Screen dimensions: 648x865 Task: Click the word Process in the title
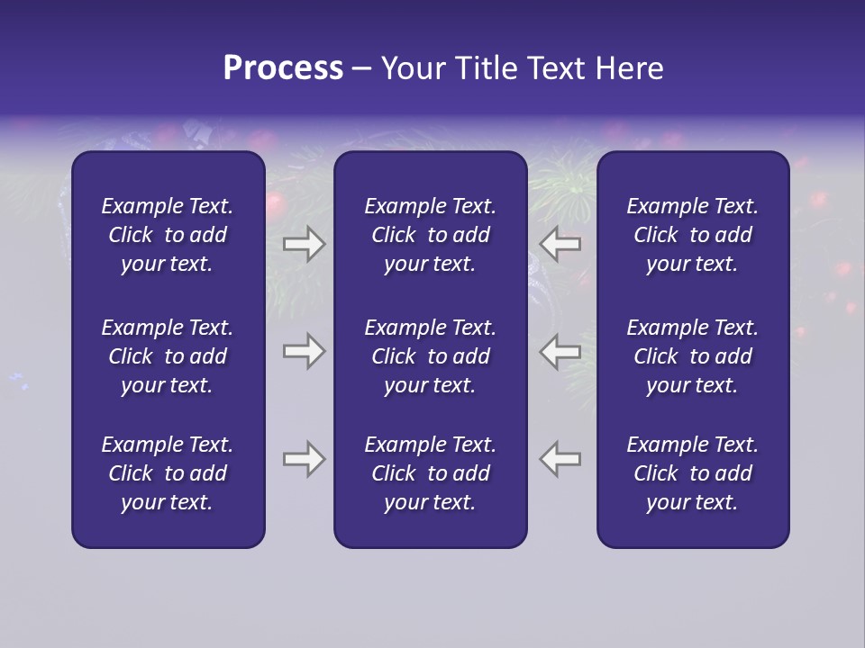(x=283, y=68)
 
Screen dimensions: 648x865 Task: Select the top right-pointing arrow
(x=304, y=243)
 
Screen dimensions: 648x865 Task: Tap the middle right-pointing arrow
(x=304, y=351)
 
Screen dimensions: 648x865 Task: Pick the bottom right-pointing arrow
(x=304, y=459)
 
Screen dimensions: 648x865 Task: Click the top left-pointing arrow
(x=560, y=243)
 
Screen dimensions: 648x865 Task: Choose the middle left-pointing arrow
(x=560, y=351)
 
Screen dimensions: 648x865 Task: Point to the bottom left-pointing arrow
(x=560, y=459)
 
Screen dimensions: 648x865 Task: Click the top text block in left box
(x=168, y=235)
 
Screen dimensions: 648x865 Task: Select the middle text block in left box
(x=168, y=356)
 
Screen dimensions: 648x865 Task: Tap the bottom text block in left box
(x=168, y=473)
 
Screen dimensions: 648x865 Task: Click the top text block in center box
(x=430, y=235)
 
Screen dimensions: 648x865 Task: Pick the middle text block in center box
(x=430, y=356)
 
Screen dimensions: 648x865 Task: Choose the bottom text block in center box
(x=430, y=473)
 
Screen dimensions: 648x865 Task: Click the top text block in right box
(x=692, y=235)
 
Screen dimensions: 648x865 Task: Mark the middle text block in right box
(x=692, y=356)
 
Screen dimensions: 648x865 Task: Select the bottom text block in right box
(x=692, y=473)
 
